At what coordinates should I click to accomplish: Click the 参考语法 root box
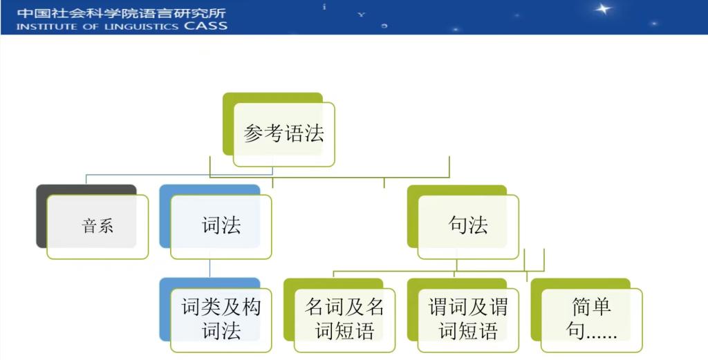click(x=284, y=135)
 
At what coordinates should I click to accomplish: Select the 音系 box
click(x=97, y=227)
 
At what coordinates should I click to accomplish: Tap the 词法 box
click(x=221, y=227)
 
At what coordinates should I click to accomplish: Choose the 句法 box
click(x=468, y=227)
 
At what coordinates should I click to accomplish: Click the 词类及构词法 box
click(x=221, y=320)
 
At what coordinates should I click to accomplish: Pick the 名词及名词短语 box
click(x=344, y=320)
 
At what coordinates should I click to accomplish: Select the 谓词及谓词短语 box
click(x=468, y=320)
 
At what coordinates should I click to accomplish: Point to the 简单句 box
click(x=592, y=320)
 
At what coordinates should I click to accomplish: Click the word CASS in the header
click(x=205, y=26)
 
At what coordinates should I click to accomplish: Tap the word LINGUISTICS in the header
click(x=142, y=27)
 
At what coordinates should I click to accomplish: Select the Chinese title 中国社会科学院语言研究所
click(x=122, y=12)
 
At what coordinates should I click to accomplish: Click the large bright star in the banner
click(x=602, y=8)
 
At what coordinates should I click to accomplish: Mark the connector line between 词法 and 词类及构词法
click(x=209, y=268)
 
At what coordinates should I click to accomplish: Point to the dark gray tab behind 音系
click(x=41, y=216)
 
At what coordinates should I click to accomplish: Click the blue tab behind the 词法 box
click(x=165, y=216)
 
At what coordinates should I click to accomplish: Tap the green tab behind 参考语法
click(x=228, y=124)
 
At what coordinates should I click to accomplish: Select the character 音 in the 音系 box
click(x=89, y=225)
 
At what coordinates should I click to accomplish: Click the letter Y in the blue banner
click(x=361, y=15)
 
